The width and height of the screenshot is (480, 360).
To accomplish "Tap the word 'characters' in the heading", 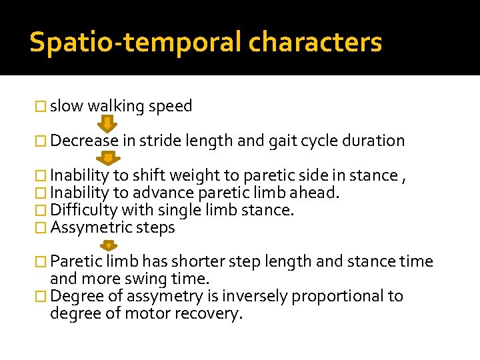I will click(x=315, y=42).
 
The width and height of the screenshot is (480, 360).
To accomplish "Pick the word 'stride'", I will click(x=159, y=141).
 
